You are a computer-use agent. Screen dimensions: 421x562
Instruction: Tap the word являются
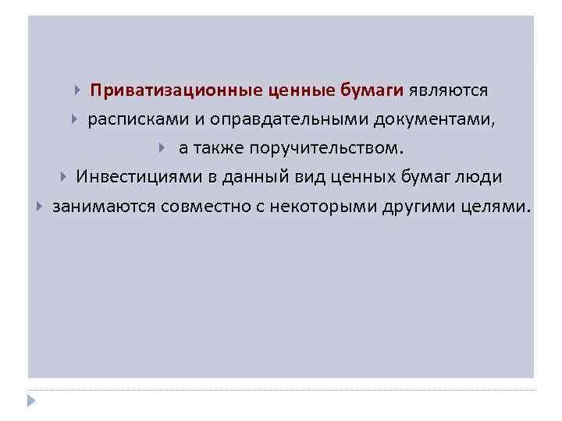point(446,90)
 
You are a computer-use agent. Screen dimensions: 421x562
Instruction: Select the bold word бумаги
point(371,90)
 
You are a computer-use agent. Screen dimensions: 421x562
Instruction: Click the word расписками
point(128,119)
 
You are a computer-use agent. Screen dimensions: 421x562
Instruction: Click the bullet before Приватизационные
point(78,90)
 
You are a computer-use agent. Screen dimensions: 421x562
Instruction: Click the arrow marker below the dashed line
point(30,400)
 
